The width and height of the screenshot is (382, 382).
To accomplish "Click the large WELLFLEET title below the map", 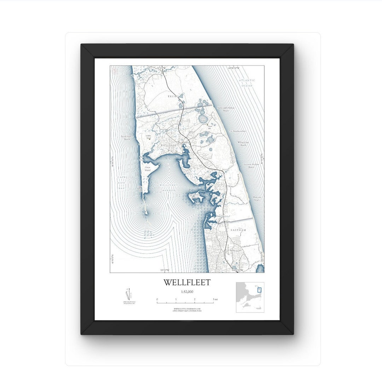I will [187, 282].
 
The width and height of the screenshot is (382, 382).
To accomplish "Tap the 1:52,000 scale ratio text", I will [187, 292].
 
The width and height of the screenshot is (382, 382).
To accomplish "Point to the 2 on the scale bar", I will [195, 300].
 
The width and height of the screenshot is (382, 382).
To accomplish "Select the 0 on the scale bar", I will [157, 300].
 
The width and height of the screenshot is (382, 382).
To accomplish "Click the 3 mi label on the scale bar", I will [215, 300].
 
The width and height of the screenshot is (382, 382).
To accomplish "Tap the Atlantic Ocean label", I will [247, 82].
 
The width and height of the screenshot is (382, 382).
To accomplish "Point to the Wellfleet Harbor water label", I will [167, 188].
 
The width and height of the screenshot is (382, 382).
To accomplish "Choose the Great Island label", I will [147, 169].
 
